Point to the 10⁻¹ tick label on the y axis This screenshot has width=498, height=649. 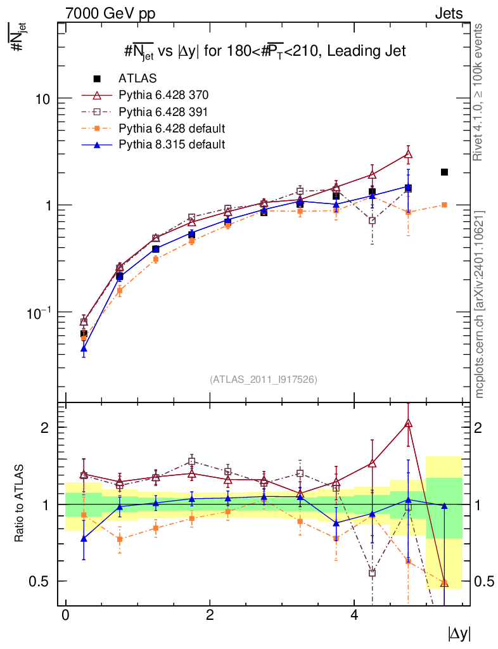point(39,312)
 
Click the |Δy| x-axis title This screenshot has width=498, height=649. point(459,633)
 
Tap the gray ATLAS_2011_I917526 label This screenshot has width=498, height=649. point(264,379)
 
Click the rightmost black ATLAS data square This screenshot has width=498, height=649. point(445,172)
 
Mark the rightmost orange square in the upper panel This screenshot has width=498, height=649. point(445,205)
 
